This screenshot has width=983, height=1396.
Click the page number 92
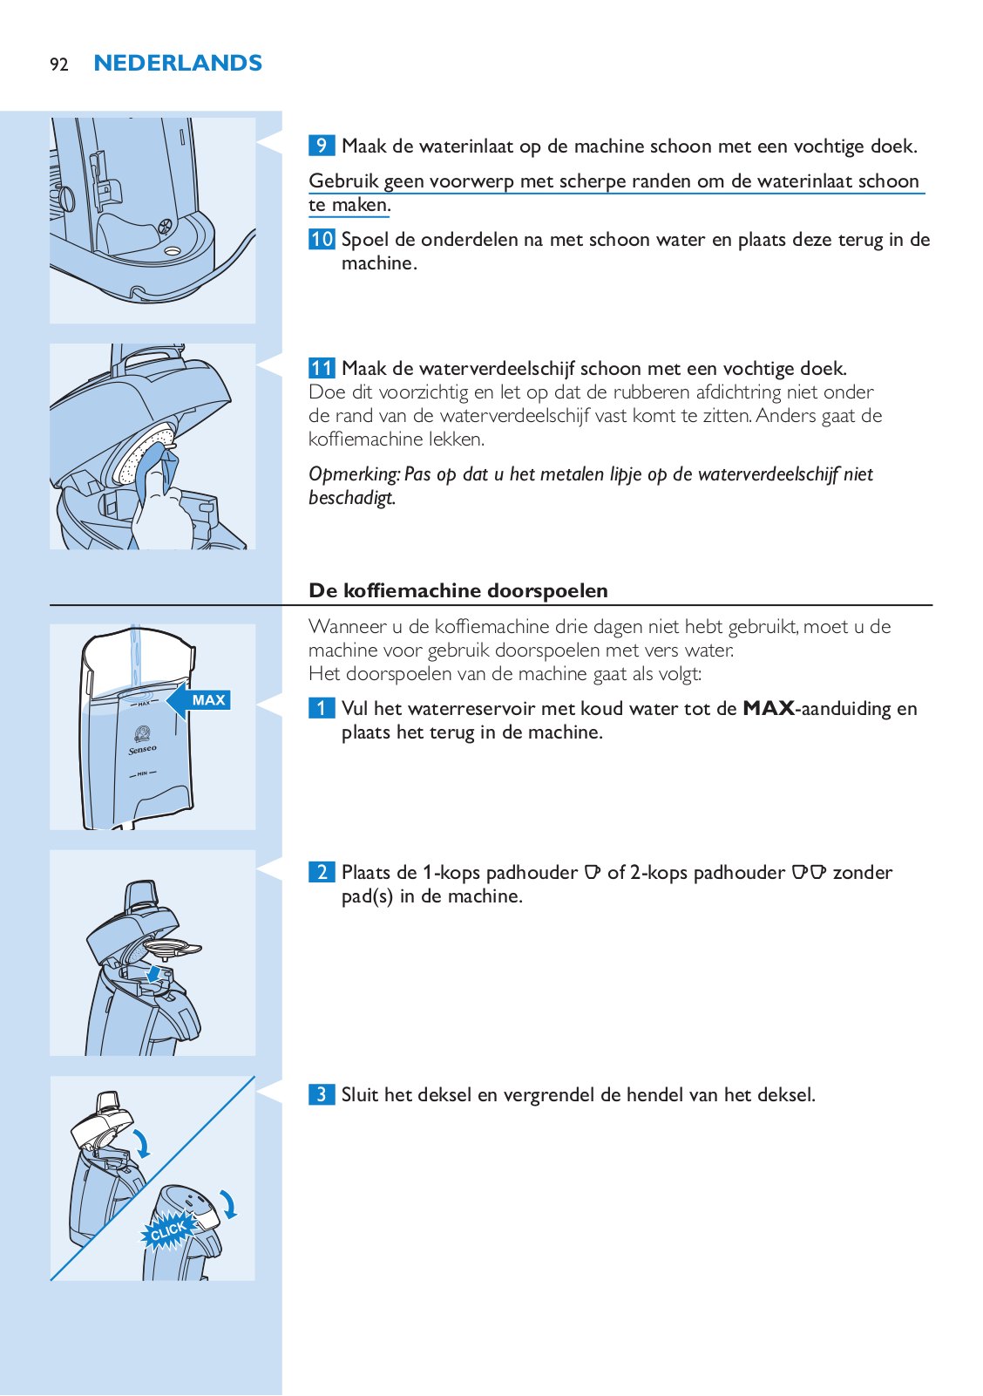point(58,65)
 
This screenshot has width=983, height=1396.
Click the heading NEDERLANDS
point(178,64)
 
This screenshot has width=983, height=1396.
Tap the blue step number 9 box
point(322,146)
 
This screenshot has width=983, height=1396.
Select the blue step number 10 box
point(322,239)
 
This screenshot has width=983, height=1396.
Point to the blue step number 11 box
point(322,368)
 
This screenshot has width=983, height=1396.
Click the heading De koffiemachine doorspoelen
point(458,590)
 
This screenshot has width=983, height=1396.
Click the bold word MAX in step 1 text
point(769,708)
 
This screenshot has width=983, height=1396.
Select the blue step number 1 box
point(322,708)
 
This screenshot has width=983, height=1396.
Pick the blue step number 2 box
point(322,872)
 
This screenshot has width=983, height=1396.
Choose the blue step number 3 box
point(322,1094)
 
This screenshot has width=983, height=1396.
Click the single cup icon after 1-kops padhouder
point(593,872)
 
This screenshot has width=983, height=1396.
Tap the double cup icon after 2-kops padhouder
point(809,872)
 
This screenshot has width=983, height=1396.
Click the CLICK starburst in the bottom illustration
point(167,1230)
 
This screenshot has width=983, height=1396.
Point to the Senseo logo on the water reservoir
point(142,739)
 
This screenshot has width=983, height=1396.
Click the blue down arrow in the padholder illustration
point(154,973)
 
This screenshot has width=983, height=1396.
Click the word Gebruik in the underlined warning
point(343,181)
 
